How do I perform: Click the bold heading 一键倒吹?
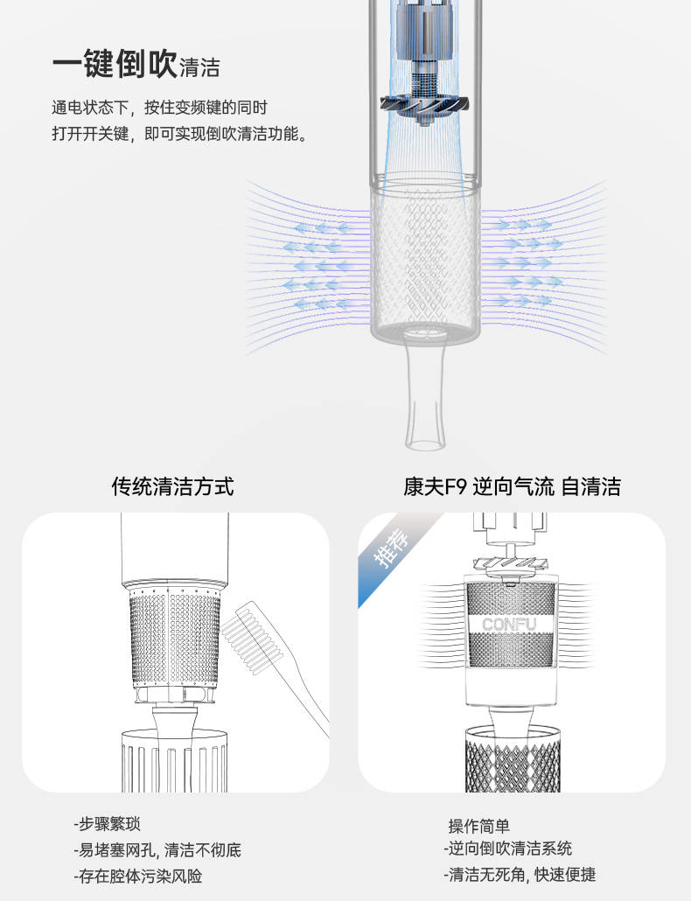(x=115, y=63)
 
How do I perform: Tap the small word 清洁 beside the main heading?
(x=199, y=68)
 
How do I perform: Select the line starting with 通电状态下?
(x=160, y=108)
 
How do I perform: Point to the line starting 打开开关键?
(x=181, y=134)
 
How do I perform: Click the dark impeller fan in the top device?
(x=424, y=106)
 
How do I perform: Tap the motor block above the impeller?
(x=424, y=33)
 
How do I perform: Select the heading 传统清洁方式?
(x=172, y=486)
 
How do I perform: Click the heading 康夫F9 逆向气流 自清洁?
(x=512, y=486)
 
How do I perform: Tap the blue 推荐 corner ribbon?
(x=394, y=548)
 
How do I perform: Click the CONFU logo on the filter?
(x=509, y=625)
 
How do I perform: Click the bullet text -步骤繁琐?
(x=107, y=824)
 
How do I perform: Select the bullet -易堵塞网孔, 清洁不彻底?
(x=157, y=850)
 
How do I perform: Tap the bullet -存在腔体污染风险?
(x=138, y=877)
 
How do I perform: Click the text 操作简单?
(x=479, y=826)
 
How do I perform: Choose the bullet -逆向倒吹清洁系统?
(x=508, y=849)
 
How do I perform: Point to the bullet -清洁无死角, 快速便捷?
(x=520, y=875)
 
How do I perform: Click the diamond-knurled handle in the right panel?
(x=513, y=759)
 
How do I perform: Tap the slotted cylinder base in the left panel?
(x=175, y=762)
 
